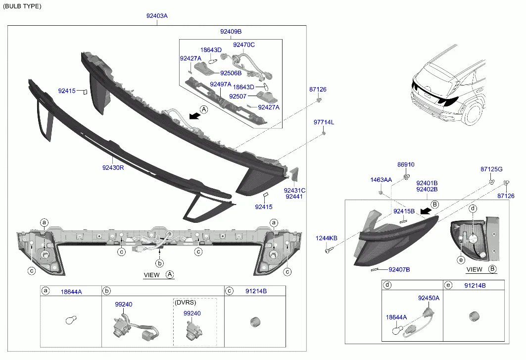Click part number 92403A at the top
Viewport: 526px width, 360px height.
157,16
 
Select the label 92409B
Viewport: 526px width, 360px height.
231,32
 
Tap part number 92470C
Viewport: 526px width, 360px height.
244,45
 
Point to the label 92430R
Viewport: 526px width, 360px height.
113,167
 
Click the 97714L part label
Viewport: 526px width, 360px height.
324,122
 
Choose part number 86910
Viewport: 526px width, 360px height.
406,164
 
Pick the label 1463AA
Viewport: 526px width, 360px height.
381,180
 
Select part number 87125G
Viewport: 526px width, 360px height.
491,169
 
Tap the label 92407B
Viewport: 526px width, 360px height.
399,269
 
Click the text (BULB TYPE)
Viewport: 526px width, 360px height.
22,6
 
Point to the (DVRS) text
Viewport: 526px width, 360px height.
185,302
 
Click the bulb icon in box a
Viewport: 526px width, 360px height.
71,320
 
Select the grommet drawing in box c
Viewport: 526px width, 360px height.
255,322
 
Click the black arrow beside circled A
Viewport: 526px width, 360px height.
194,115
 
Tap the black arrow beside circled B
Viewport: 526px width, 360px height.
426,210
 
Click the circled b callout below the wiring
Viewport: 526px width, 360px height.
160,263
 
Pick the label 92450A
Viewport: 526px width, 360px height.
429,298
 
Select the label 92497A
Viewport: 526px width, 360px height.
221,84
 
